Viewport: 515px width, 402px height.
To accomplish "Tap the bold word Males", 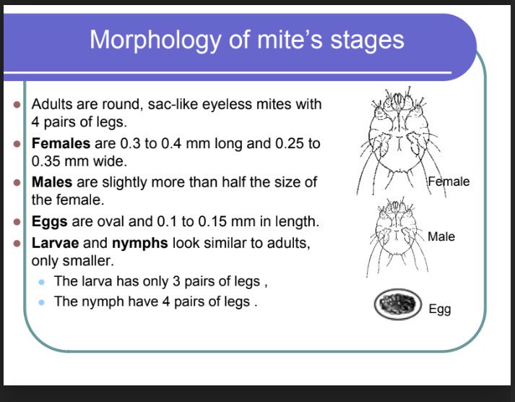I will click(53, 182).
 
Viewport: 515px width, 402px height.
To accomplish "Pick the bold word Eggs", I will click(50, 221).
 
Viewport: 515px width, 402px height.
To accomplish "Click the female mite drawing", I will click(394, 141).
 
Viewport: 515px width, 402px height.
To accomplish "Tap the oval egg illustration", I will click(397, 305).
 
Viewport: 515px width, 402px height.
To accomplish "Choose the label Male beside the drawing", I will click(441, 236).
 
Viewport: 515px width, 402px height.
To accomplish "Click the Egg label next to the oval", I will click(439, 309).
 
